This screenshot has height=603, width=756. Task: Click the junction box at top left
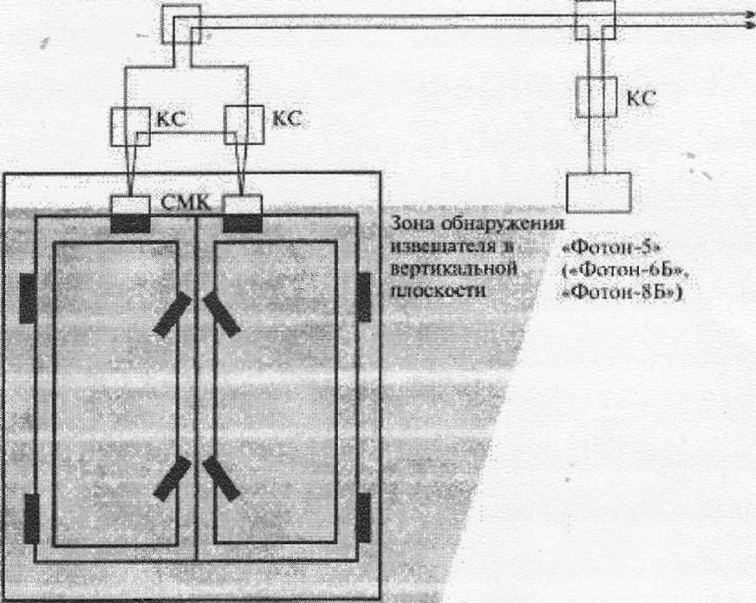180,23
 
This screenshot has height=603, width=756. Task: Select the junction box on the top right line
596,19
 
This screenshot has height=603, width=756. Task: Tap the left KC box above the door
130,126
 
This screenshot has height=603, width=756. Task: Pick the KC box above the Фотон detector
596,95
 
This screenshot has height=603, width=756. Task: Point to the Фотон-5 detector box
597,192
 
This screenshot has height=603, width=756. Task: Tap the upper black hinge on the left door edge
29,298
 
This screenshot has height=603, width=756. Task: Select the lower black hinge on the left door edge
31,517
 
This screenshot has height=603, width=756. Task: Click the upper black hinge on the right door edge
362,297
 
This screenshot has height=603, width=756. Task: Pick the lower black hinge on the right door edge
362,517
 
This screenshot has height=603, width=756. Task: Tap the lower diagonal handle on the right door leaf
222,478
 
